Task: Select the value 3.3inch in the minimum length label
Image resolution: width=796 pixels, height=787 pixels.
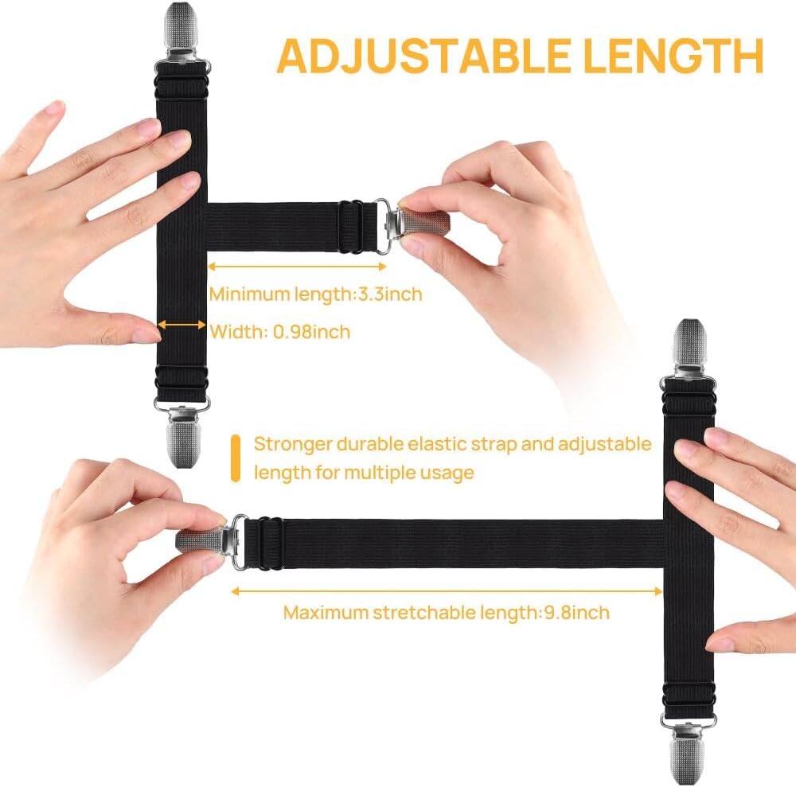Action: (x=390, y=294)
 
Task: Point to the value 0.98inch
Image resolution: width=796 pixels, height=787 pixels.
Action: (x=312, y=332)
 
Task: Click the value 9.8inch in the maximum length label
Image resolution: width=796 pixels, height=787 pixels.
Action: (x=576, y=613)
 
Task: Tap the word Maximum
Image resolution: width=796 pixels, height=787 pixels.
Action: (x=326, y=613)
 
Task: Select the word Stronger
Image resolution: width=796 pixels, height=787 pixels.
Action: (x=293, y=444)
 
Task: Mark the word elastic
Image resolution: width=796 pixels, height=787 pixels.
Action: (x=437, y=444)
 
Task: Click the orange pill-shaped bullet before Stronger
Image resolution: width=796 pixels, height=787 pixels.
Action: (x=235, y=458)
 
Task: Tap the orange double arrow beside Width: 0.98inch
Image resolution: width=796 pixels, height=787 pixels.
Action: (x=181, y=325)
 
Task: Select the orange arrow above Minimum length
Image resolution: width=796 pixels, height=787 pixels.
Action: (x=298, y=266)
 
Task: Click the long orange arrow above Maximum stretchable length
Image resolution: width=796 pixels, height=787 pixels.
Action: (x=447, y=591)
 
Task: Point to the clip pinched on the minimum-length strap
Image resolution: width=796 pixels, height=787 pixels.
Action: (x=412, y=224)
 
